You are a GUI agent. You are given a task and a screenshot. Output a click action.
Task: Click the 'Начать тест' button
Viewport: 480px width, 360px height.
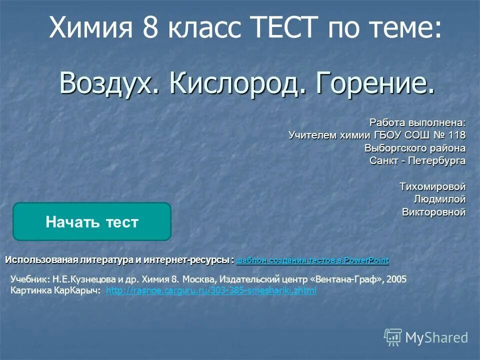pos(91,222)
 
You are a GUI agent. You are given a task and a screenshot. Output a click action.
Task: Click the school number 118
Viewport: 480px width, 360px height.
pos(456,135)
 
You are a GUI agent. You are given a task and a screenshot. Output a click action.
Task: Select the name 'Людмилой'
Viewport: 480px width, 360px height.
pos(439,199)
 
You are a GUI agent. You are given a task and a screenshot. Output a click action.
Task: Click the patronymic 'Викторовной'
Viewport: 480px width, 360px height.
pos(433,212)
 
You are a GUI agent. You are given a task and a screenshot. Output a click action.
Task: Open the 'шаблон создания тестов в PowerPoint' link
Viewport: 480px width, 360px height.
pos(312,260)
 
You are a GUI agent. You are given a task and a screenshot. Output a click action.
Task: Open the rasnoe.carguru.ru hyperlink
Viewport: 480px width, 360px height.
pos(211,290)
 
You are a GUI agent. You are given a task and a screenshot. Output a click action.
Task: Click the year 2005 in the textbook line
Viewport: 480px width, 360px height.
pos(397,279)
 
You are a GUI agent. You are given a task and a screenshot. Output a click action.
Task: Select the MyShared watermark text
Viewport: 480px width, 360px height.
pos(436,337)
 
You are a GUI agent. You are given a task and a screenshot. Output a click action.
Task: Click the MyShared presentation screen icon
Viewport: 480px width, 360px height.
pos(393,337)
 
